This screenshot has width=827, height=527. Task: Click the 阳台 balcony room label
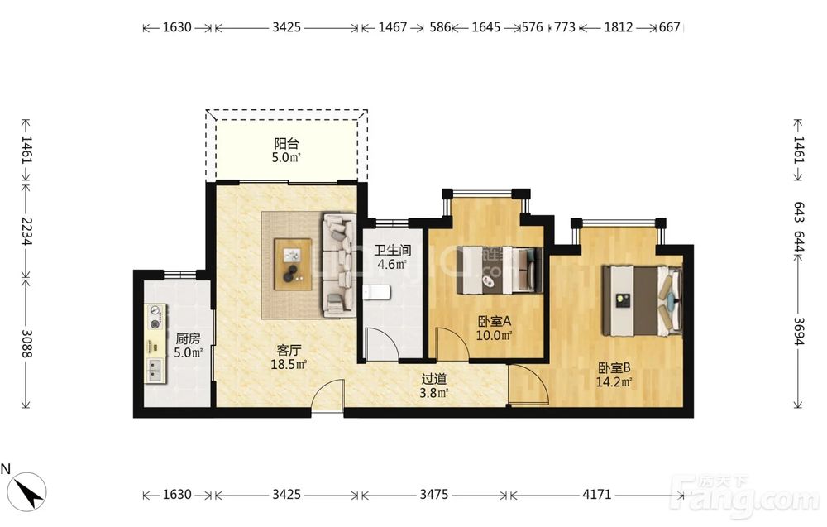pyautogui.click(x=286, y=143)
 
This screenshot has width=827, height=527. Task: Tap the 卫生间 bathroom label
pyautogui.click(x=392, y=250)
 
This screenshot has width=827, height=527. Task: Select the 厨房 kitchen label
pyautogui.click(x=188, y=338)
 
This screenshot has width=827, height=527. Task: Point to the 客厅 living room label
pyautogui.click(x=289, y=350)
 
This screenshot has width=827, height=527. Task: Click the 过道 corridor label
pyautogui.click(x=434, y=379)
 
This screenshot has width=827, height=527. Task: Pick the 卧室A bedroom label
pyautogui.click(x=495, y=321)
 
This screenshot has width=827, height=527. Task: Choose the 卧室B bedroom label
pyautogui.click(x=614, y=367)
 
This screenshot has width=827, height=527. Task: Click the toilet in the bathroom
pyautogui.click(x=376, y=292)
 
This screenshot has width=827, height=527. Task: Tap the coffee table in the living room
pyautogui.click(x=293, y=264)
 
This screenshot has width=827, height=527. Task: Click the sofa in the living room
pyautogui.click(x=338, y=265)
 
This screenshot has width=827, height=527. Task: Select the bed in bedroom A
pyautogui.click(x=500, y=270)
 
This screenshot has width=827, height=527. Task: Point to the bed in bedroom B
pyautogui.click(x=643, y=300)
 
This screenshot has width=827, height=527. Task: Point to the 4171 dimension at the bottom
pyautogui.click(x=596, y=494)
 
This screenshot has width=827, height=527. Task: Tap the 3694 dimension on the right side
pyautogui.click(x=799, y=331)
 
